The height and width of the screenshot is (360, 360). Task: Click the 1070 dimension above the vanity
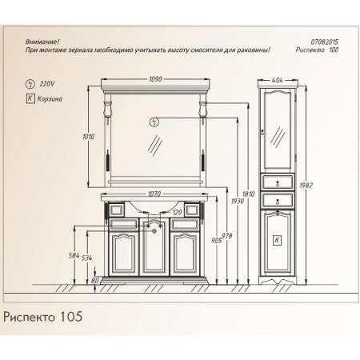pos(155,193)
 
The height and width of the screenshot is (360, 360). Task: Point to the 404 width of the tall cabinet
pos(277,80)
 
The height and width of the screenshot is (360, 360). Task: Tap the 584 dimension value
pos(75,254)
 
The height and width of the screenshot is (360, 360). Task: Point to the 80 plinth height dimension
pos(95,281)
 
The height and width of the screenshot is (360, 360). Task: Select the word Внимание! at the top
pos(42,41)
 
